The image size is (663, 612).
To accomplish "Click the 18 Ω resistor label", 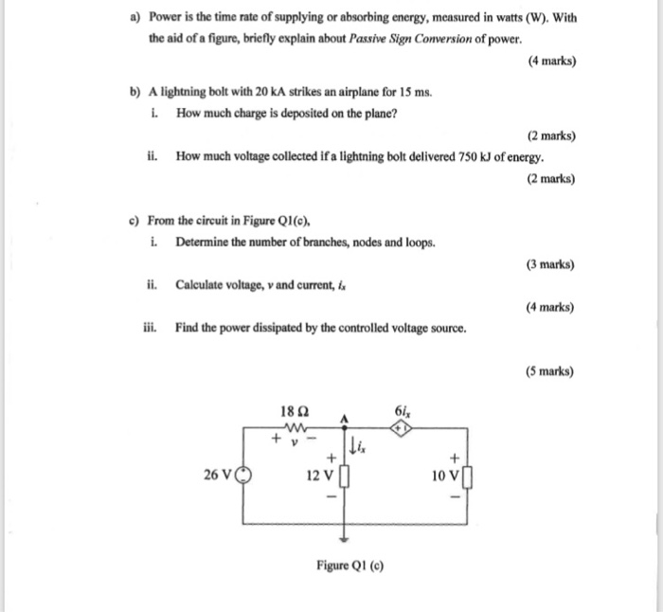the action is (294, 411).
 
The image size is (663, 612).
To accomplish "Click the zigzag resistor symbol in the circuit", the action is (295, 426).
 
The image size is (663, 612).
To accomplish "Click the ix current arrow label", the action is (357, 444).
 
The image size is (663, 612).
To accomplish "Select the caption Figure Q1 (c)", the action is (351, 567).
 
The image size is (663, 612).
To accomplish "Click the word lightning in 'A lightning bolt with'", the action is (186, 94).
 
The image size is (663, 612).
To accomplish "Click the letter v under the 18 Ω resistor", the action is (295, 441).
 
